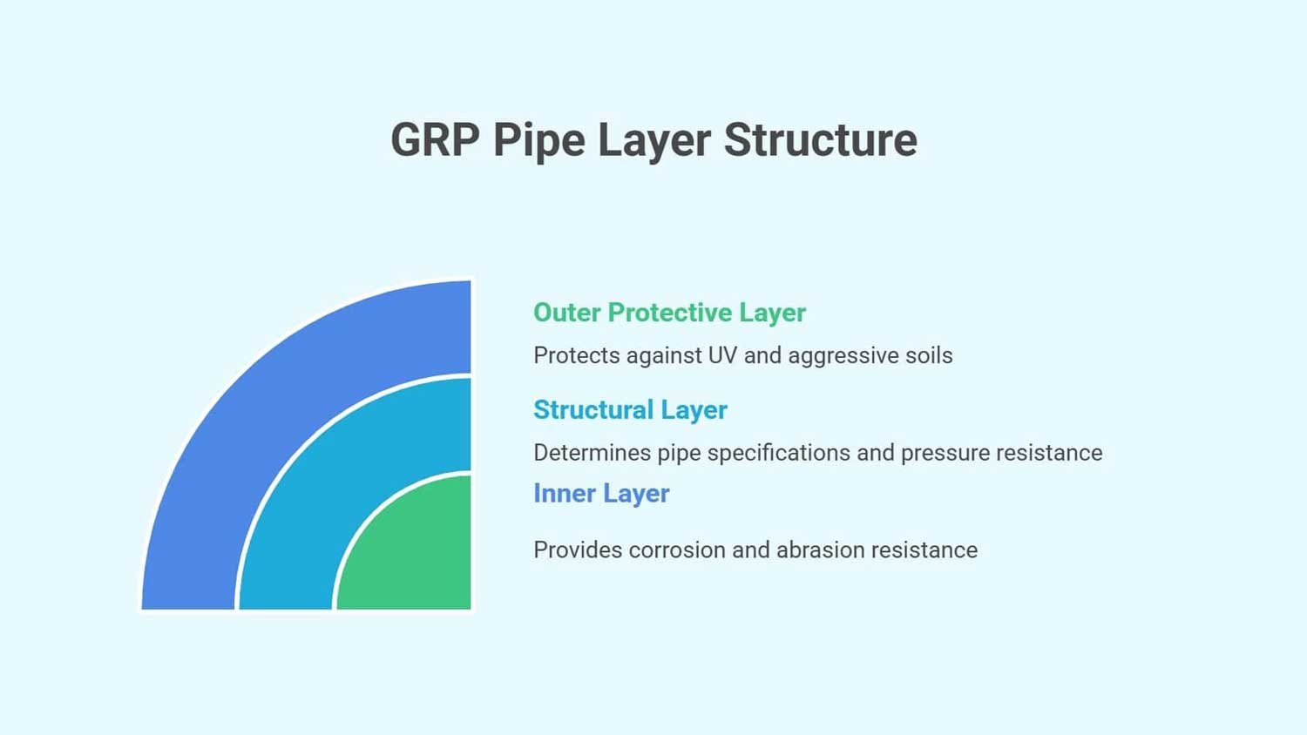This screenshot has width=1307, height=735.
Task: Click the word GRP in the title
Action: click(x=434, y=140)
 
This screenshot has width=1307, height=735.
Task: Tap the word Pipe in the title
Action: click(x=538, y=140)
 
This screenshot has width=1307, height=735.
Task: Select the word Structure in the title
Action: click(x=820, y=140)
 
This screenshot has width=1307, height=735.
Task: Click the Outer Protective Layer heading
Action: click(x=669, y=313)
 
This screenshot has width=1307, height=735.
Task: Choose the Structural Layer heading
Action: click(x=630, y=410)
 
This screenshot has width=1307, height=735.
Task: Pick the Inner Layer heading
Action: click(x=601, y=494)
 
